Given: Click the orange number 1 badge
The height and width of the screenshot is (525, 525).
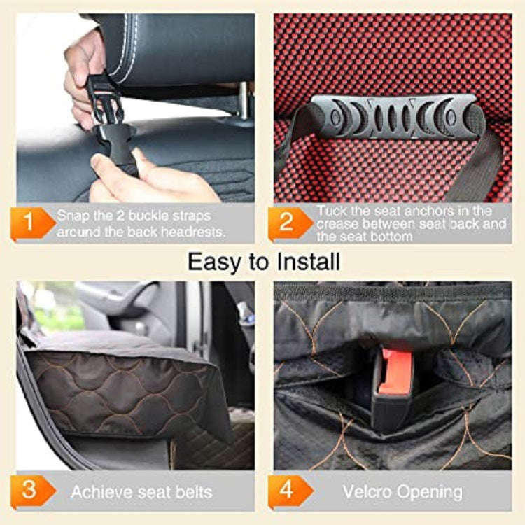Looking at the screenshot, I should tap(28, 223).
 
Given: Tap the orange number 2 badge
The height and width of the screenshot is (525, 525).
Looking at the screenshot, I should tap(285, 223).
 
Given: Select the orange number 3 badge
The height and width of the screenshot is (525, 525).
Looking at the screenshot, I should tap(28, 490).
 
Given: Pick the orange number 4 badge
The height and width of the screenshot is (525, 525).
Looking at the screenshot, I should tap(286, 490).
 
